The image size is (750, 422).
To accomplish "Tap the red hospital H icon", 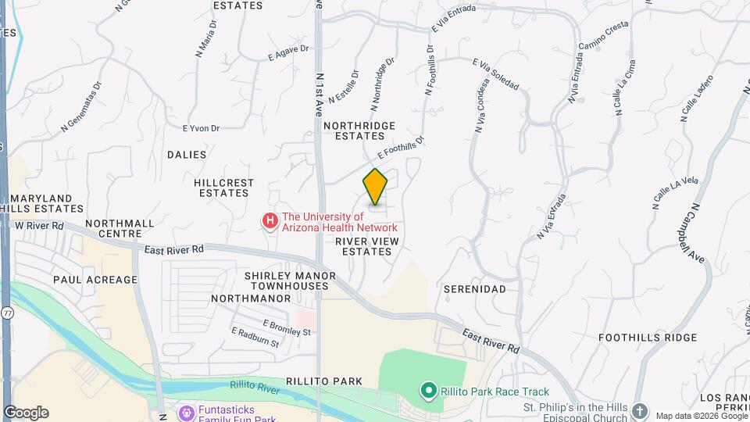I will (270, 222).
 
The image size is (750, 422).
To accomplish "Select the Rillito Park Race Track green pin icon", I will (427, 390).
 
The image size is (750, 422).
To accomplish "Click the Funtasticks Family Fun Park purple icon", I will (186, 412).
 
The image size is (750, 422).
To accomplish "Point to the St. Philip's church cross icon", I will (640, 411).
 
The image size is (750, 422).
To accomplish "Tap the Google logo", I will (26, 413).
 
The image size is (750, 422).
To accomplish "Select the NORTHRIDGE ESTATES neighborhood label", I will (359, 131).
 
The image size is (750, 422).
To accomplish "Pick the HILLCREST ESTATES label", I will (225, 188).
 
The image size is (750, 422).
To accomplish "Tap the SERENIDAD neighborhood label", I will (474, 289).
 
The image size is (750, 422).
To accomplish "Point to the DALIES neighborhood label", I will (187, 155).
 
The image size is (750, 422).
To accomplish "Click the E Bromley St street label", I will (287, 327).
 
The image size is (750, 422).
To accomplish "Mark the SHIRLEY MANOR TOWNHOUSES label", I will (289, 281).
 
